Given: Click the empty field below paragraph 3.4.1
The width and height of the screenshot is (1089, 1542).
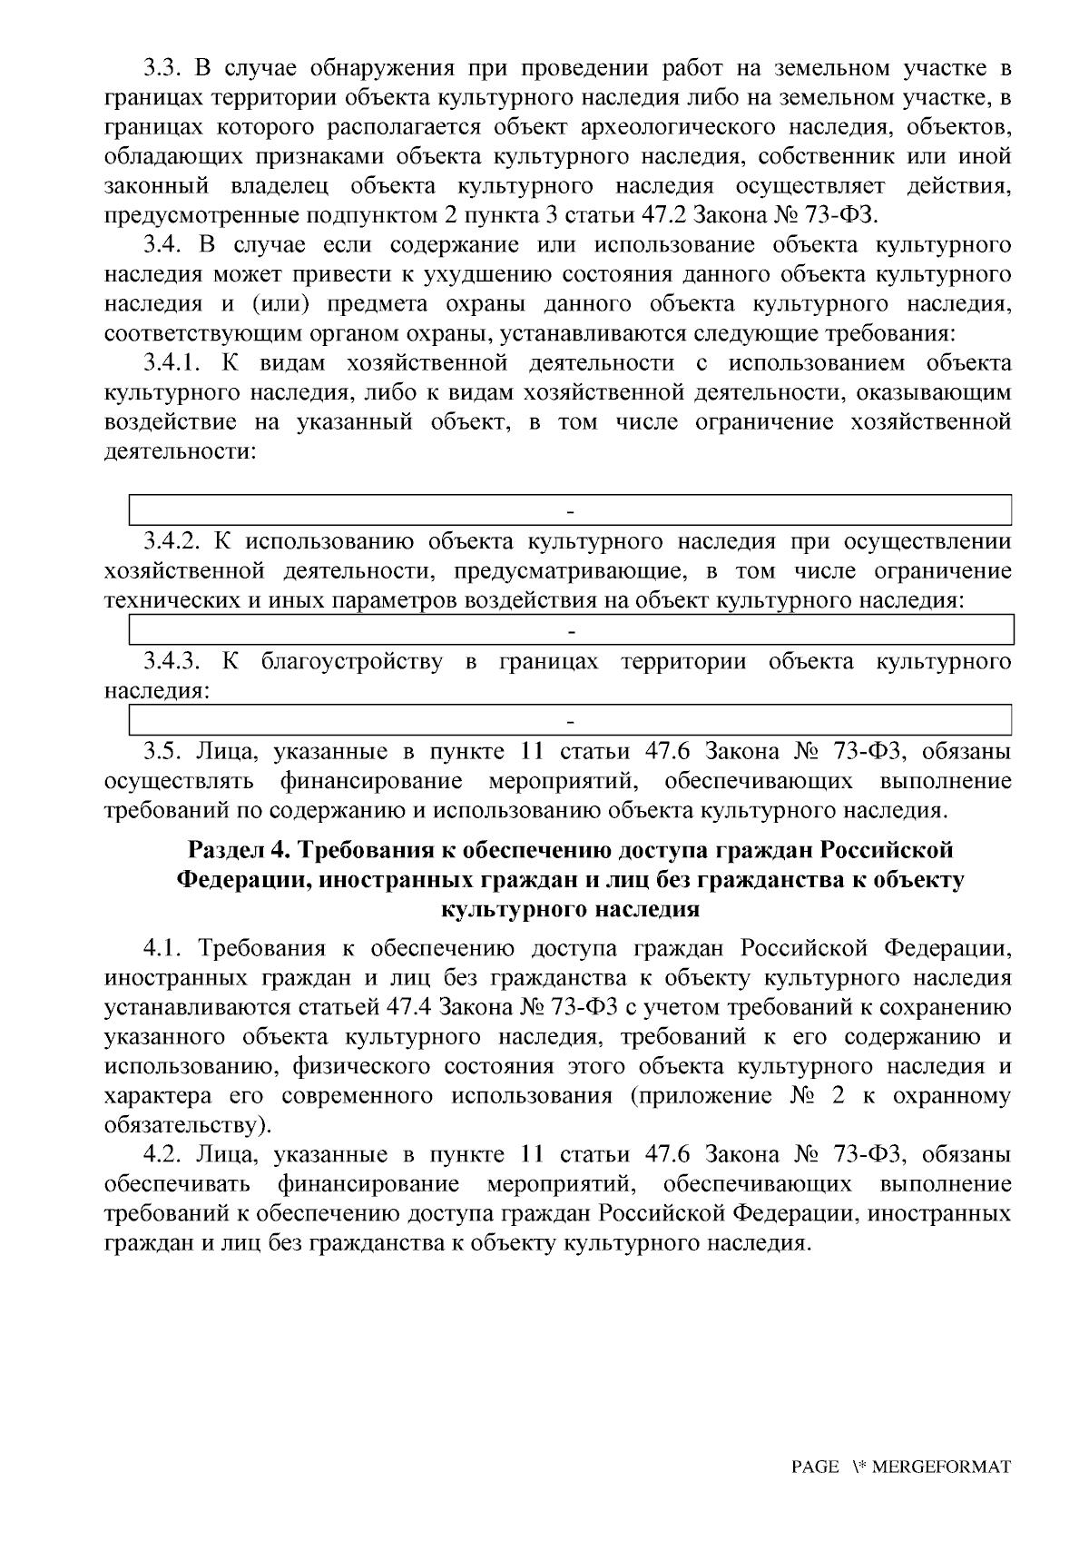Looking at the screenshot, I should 571,509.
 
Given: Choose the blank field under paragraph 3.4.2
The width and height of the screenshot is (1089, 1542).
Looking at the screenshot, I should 571,629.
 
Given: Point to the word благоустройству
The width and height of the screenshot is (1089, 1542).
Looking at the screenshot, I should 352,661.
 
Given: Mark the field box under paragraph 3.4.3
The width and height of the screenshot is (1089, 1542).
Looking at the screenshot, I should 571,720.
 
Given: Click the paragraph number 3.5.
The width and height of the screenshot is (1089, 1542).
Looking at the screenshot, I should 162,752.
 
